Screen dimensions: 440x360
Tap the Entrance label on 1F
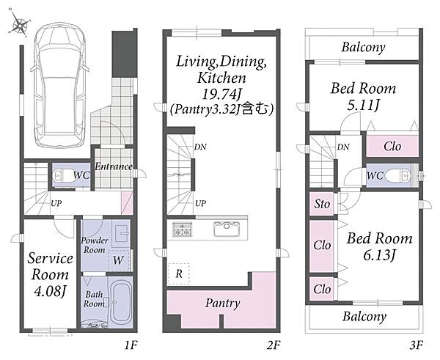click(114, 166)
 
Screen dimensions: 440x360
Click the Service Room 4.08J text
click(50, 275)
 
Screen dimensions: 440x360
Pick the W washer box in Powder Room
click(118, 260)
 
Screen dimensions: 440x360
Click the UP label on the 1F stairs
click(56, 203)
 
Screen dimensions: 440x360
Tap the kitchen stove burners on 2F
click(182, 229)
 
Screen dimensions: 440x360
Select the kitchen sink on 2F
click(227, 229)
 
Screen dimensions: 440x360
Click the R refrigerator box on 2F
click(179, 273)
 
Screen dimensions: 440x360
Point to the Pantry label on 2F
click(222, 304)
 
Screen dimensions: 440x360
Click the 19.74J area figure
click(221, 95)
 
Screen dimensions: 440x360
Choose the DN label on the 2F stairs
click(200, 147)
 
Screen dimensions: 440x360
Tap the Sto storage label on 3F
click(322, 204)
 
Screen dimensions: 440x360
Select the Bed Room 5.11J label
click(364, 96)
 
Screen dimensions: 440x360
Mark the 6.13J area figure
click(379, 255)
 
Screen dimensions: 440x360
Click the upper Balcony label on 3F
click(363, 48)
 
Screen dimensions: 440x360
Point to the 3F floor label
click(416, 345)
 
